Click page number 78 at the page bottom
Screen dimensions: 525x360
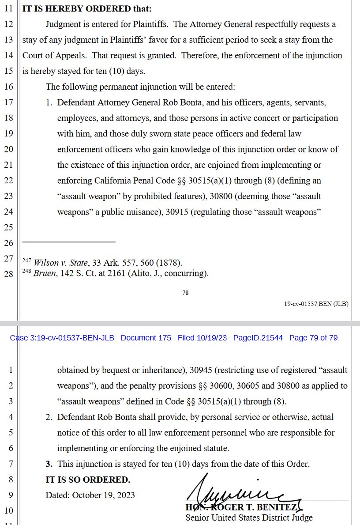tap(185, 292)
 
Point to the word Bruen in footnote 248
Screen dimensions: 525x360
tap(43, 273)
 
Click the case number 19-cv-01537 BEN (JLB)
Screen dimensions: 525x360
tap(316, 304)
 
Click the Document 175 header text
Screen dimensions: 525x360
tap(146, 338)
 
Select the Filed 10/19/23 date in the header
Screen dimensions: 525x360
tap(202, 338)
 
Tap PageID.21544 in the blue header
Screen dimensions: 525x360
tap(258, 338)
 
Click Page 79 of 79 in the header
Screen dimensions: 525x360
tap(313, 338)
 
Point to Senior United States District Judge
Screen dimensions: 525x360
tap(249, 518)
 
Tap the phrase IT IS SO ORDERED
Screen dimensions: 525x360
tap(88, 480)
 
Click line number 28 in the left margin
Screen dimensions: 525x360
tap(9, 274)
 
